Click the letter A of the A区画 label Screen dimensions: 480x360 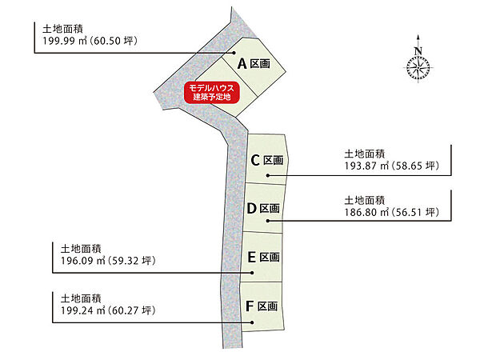[x=242, y=64]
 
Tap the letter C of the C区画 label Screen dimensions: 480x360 [x=255, y=160]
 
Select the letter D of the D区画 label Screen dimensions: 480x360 [x=251, y=208]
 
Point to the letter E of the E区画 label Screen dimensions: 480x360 [x=252, y=257]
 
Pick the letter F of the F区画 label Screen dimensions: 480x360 [x=250, y=306]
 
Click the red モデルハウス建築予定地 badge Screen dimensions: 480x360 [x=211, y=93]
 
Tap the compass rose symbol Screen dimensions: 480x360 [x=418, y=68]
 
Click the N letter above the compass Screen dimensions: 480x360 [x=418, y=51]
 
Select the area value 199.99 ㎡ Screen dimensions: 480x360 [x=65, y=41]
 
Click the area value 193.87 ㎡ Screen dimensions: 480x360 [x=366, y=166]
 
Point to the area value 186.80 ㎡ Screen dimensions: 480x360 [x=366, y=212]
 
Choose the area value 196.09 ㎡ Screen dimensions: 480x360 [x=83, y=261]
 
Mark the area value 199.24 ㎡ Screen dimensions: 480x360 [x=83, y=310]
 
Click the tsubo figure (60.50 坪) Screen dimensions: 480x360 [x=114, y=41]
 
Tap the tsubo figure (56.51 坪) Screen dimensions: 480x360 [x=415, y=212]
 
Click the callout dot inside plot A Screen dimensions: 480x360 [x=234, y=53]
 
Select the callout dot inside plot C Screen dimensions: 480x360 [x=268, y=175]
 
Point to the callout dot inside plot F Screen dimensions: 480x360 [x=252, y=322]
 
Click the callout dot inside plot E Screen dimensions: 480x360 [x=252, y=273]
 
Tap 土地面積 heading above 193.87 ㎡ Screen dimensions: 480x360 [x=365, y=154]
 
